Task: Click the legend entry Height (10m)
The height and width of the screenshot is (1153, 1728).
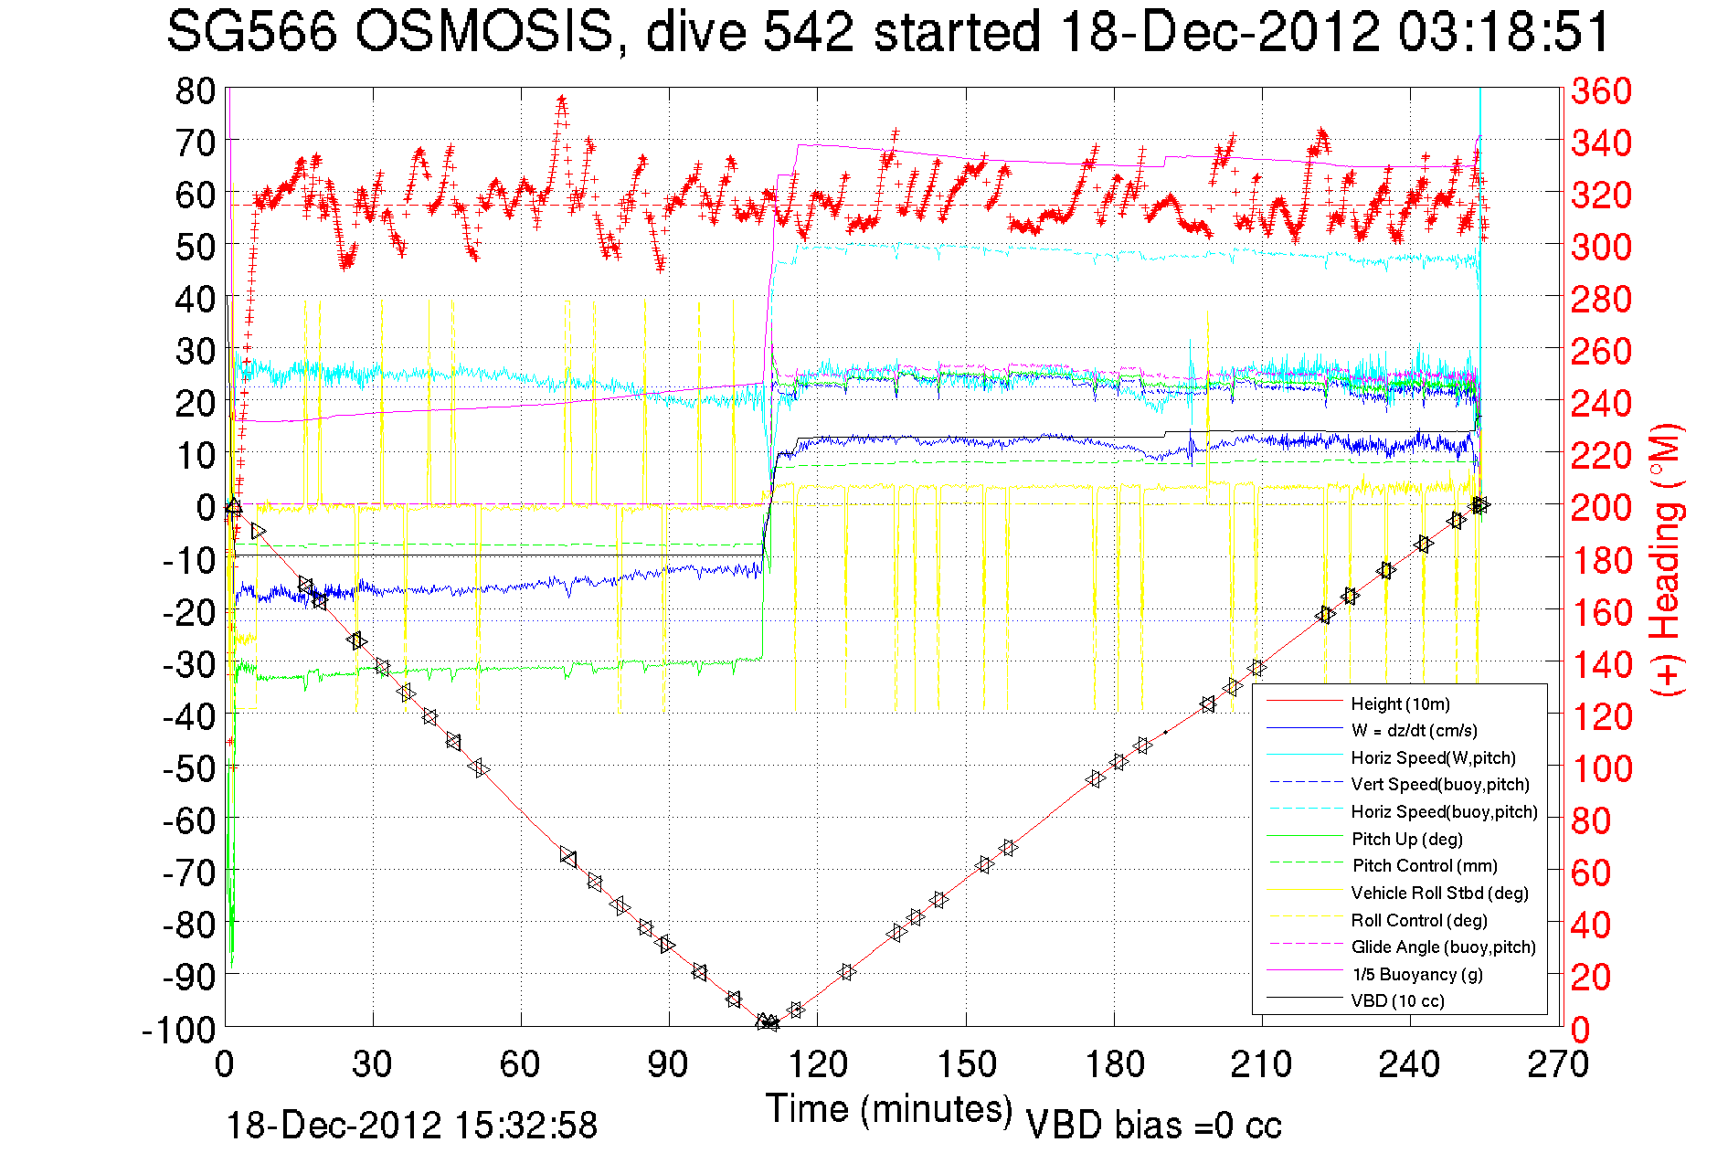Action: (x=1400, y=703)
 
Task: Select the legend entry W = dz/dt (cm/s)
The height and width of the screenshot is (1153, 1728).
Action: (x=1414, y=730)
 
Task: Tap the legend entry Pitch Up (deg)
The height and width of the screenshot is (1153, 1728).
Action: (x=1406, y=839)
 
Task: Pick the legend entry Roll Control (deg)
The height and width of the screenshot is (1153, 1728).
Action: (x=1418, y=920)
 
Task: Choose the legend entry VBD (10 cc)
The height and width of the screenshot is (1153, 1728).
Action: (x=1397, y=1000)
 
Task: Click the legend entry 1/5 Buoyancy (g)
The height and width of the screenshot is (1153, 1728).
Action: (x=1416, y=974)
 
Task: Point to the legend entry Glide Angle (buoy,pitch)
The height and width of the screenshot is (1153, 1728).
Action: (x=1443, y=947)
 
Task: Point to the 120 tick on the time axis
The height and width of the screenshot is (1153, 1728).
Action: (x=818, y=1064)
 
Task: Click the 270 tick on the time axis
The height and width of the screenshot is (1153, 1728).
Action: (x=1558, y=1064)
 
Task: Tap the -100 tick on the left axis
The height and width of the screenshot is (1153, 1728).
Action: (x=179, y=1030)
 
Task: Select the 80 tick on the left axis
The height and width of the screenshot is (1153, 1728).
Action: (x=195, y=90)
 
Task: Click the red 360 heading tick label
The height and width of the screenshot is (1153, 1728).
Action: (x=1601, y=90)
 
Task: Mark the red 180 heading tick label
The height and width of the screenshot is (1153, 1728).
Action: (x=1601, y=560)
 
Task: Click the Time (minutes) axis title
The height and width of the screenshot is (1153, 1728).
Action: (x=888, y=1109)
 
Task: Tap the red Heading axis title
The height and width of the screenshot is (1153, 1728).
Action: (x=1666, y=559)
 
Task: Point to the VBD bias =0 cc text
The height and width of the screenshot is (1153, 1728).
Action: (x=1153, y=1126)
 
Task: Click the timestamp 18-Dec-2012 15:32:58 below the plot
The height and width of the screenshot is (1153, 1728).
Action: (x=411, y=1126)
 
